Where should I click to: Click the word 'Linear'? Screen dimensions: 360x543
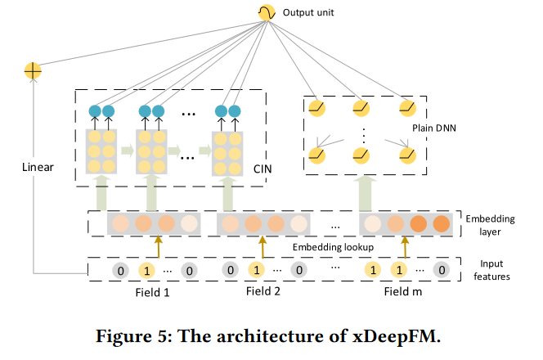point(38,167)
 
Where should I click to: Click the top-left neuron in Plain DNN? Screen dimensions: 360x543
point(316,106)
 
